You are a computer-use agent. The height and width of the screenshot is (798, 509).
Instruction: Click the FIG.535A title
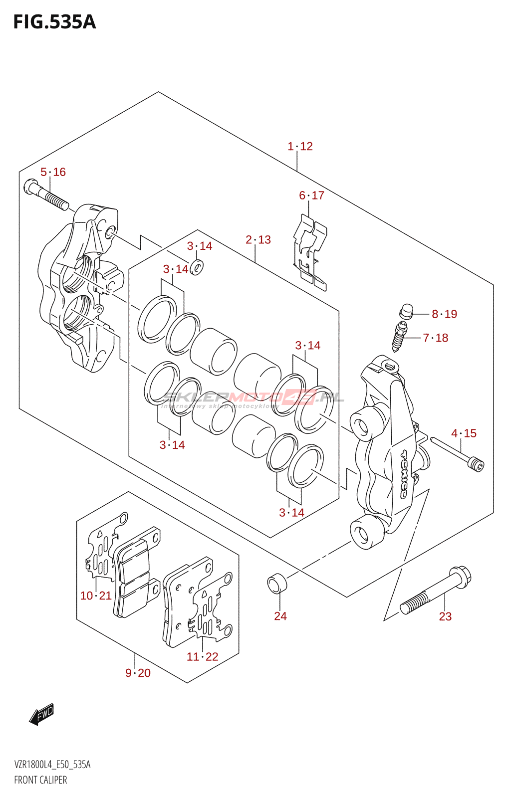tap(54, 22)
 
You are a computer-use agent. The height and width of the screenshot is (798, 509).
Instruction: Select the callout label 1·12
tap(300, 146)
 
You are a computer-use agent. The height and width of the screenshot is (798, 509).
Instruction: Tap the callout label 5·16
tap(53, 172)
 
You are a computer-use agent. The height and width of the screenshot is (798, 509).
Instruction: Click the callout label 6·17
tap(311, 196)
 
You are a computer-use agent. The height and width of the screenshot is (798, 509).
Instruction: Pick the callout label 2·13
tap(258, 240)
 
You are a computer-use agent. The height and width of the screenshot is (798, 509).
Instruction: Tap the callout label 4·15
tap(464, 433)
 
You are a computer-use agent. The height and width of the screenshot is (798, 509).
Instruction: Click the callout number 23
tap(445, 616)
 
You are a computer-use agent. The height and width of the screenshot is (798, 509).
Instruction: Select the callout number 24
tap(280, 616)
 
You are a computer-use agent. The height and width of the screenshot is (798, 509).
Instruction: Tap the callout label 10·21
tap(96, 596)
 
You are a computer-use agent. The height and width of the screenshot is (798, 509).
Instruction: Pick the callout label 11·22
tap(203, 657)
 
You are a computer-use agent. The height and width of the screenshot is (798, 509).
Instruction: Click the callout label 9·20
tap(138, 673)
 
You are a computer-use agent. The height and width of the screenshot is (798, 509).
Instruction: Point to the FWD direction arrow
tap(41, 714)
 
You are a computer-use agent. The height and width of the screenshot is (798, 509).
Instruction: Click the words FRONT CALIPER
tap(40, 780)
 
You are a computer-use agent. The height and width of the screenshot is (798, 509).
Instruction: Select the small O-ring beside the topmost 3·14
tap(197, 267)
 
